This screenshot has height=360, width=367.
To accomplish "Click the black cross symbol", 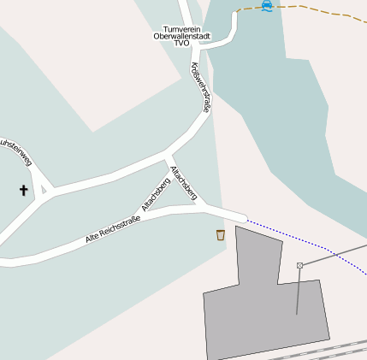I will point(23,190).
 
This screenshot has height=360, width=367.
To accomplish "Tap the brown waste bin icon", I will point(221,234).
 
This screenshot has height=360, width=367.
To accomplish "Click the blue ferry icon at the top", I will point(268,5).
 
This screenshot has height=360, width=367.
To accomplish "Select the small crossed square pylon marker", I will point(299,265).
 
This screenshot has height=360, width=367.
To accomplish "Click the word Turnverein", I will point(181,28).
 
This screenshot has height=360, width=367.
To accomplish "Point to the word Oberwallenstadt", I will point(181,36).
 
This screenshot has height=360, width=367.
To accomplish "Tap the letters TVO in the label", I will point(181,44).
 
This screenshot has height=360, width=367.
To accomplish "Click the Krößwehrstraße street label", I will point(200,88).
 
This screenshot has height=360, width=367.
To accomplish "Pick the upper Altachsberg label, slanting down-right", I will point(184,184).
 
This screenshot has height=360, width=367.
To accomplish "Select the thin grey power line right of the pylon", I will point(334,255).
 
